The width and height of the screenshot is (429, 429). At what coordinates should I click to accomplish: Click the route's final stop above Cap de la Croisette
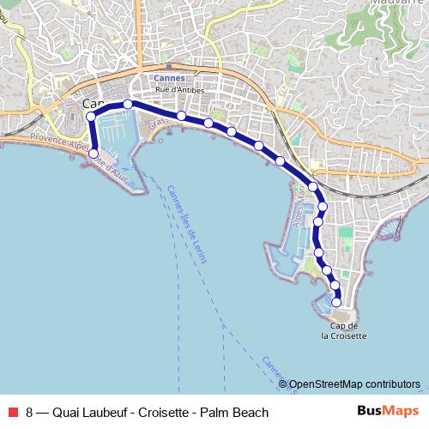click(x=336, y=302)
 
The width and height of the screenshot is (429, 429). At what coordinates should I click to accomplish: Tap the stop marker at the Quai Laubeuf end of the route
click(x=94, y=155)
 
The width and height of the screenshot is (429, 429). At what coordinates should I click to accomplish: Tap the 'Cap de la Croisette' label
click(x=343, y=330)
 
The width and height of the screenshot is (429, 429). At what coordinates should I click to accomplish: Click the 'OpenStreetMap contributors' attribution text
click(x=354, y=384)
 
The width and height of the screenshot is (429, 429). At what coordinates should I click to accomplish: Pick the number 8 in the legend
click(x=30, y=413)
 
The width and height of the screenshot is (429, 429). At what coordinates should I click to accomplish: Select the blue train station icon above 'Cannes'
click(x=169, y=67)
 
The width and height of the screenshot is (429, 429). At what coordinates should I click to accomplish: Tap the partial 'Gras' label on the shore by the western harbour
click(x=155, y=124)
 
